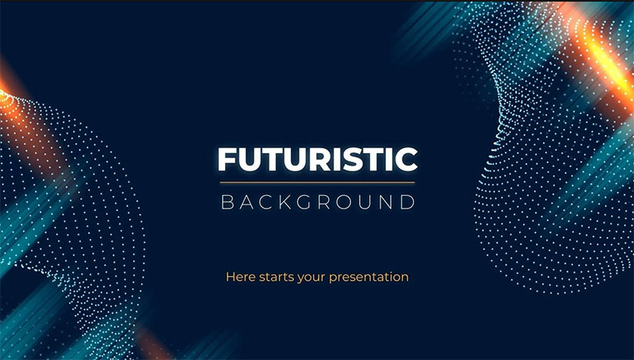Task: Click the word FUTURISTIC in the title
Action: tap(318, 159)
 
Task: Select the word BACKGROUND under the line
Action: tap(318, 202)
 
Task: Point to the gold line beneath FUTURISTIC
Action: tap(318, 182)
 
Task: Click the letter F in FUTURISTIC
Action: tap(227, 159)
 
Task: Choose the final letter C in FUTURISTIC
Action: tap(407, 159)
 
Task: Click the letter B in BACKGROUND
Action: tap(227, 202)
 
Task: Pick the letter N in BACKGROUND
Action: tap(386, 202)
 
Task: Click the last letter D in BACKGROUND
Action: tap(408, 202)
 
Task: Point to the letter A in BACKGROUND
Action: tap(246, 202)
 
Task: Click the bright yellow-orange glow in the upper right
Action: tap(602, 61)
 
